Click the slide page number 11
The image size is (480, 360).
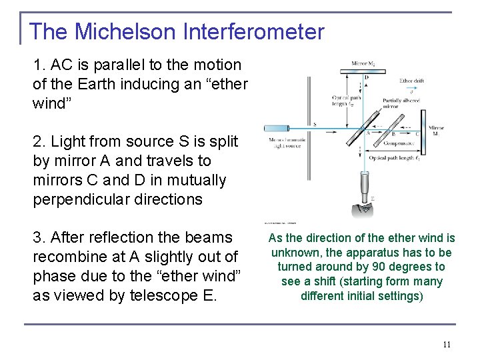click(x=447, y=345)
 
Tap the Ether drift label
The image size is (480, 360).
click(x=411, y=81)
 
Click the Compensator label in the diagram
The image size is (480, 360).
click(x=399, y=141)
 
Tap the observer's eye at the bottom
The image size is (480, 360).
click(x=365, y=207)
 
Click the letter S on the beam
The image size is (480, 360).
click(x=314, y=124)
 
